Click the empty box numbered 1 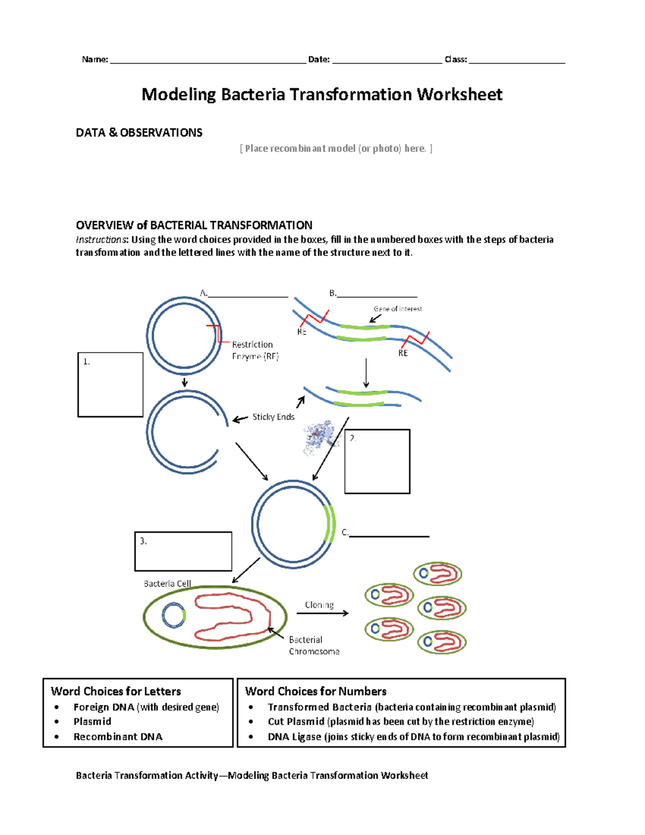(110, 384)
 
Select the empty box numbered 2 (377, 461)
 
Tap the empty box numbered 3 (183, 551)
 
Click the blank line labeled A (248, 295)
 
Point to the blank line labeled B (377, 295)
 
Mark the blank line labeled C (389, 535)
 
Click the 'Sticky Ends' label (273, 417)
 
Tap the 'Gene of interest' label (398, 309)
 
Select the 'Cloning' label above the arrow (319, 605)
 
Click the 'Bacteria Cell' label (167, 583)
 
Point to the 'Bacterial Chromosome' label (314, 645)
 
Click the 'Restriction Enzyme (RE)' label (255, 350)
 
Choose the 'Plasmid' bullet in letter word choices (92, 722)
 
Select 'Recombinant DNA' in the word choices (118, 737)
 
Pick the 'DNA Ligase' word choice (295, 737)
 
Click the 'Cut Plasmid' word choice (296, 722)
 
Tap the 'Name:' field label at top (95, 59)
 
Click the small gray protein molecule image (319, 436)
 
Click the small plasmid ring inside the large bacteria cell (174, 616)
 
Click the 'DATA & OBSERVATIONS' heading (139, 133)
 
